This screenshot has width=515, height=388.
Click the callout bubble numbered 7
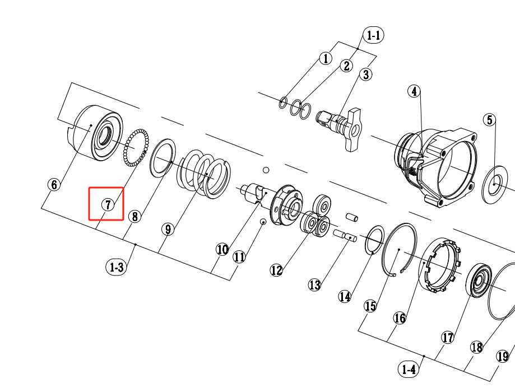click(x=108, y=204)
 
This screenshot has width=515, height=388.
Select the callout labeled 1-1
click(x=373, y=35)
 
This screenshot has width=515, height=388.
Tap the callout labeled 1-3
click(x=116, y=267)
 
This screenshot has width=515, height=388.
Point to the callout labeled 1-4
click(x=409, y=370)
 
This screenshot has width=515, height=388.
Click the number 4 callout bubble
click(x=414, y=91)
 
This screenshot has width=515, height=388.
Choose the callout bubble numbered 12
click(x=276, y=270)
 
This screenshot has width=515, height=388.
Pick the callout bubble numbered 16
click(x=400, y=318)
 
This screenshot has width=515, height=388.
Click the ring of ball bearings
click(x=136, y=147)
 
